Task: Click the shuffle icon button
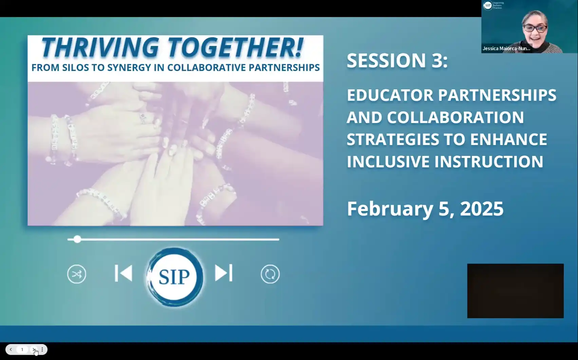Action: (77, 274)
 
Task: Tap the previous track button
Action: (124, 273)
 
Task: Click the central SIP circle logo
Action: (174, 277)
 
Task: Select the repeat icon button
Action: (270, 274)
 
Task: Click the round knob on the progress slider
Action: (77, 239)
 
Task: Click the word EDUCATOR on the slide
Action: (390, 95)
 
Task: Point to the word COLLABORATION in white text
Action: (455, 118)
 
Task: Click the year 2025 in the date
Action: (482, 209)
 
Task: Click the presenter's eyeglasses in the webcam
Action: (535, 28)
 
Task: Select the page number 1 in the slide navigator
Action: (22, 349)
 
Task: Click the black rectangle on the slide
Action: (515, 291)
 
